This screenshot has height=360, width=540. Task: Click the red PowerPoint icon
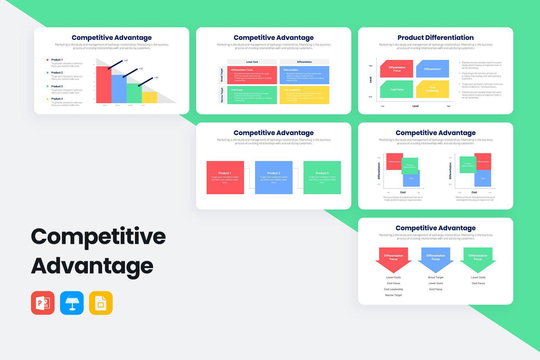pos(43,303)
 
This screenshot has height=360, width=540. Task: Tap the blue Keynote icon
pos(72,303)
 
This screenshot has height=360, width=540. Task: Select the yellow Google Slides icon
pos(101,303)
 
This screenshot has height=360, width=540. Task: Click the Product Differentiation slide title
pos(435,38)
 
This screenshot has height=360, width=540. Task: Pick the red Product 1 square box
pos(225,177)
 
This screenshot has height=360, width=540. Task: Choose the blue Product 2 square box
pos(274,177)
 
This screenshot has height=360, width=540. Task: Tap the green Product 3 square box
pos(322,177)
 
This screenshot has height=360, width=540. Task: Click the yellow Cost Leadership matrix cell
pos(304,95)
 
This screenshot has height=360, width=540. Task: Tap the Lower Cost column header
pos(252,62)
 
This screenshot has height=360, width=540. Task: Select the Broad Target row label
pos(222,75)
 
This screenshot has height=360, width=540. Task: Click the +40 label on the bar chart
pos(126,61)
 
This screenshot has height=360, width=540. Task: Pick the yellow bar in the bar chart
pos(149,98)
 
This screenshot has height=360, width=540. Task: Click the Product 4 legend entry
pos(57,99)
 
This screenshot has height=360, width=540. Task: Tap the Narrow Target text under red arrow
pos(393,295)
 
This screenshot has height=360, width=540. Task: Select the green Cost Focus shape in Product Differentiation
pos(396,89)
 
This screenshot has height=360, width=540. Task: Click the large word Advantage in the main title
pos(92,266)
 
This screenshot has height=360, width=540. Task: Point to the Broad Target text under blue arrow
pos(436,278)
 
